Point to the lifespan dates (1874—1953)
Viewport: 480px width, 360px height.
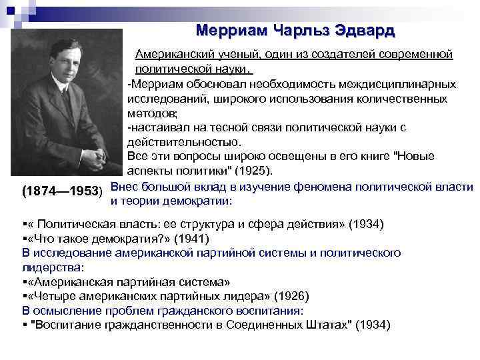(x=62, y=191)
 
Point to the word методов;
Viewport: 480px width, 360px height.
(x=150, y=113)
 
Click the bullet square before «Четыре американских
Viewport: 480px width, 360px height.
(x=24, y=296)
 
